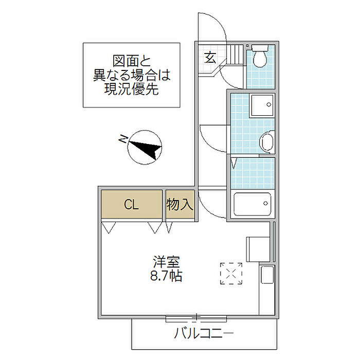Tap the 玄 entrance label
point(210,57)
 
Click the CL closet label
point(132,205)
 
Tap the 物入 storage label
point(180,205)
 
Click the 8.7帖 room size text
point(166,276)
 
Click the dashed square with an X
point(231,273)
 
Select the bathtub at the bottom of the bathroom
point(252,205)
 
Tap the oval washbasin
point(266,141)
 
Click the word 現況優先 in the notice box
point(132,89)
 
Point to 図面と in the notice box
point(132,60)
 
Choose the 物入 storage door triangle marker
point(170,227)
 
